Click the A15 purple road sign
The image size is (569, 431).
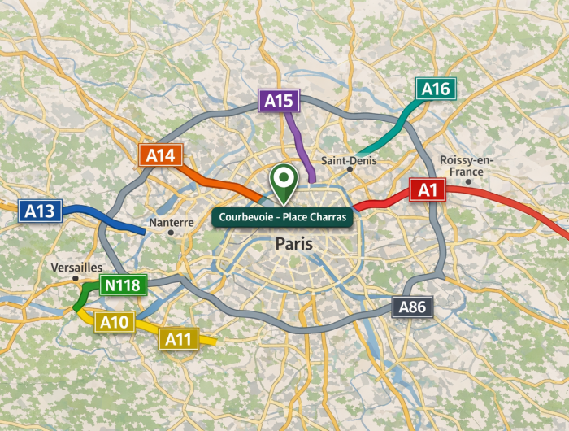pyautogui.click(x=279, y=101)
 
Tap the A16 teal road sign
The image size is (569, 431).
pyautogui.click(x=436, y=89)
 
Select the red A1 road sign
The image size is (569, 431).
pyautogui.click(x=428, y=190)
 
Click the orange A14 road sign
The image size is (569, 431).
pyautogui.click(x=161, y=155)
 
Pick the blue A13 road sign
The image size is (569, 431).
pyautogui.click(x=39, y=211)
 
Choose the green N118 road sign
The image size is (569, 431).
pyautogui.click(x=122, y=285)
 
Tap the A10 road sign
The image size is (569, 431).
pyautogui.click(x=115, y=322)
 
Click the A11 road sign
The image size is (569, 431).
pyautogui.click(x=178, y=338)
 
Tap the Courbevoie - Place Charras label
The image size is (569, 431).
pyautogui.click(x=282, y=217)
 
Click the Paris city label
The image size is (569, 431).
pyautogui.click(x=294, y=243)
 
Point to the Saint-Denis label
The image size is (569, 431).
pyautogui.click(x=349, y=160)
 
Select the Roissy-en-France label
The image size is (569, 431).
pyautogui.click(x=462, y=166)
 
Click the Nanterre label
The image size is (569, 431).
pyautogui.click(x=172, y=222)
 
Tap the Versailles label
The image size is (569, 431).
pyautogui.click(x=76, y=267)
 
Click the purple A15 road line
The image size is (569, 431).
pyautogui.click(x=302, y=146)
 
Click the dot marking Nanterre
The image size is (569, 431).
pyautogui.click(x=171, y=233)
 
